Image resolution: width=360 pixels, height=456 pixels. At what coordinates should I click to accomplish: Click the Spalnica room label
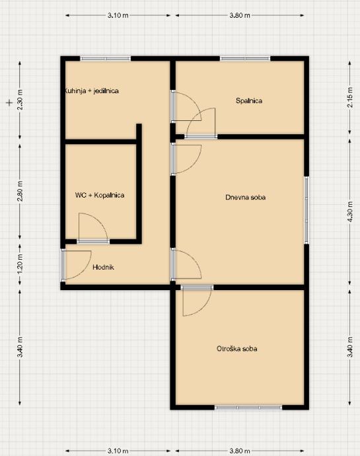pyautogui.click(x=249, y=101)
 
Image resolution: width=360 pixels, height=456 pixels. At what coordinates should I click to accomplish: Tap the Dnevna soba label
pyautogui.click(x=246, y=198)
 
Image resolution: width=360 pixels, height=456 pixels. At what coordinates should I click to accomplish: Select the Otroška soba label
pyautogui.click(x=237, y=349)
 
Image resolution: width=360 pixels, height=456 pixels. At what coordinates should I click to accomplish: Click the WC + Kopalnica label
pyautogui.click(x=100, y=195)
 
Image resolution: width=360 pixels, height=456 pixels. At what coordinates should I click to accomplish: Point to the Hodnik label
pyautogui.click(x=103, y=267)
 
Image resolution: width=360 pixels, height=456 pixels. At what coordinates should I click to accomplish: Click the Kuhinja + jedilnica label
pyautogui.click(x=92, y=91)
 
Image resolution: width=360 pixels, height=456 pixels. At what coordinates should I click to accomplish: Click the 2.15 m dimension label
pyautogui.click(x=350, y=97)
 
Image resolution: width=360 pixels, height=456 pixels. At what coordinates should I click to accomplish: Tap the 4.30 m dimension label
pyautogui.click(x=350, y=211)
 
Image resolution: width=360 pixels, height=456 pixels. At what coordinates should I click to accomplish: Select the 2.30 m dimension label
pyautogui.click(x=20, y=100)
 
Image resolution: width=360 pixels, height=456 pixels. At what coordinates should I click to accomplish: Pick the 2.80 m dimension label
pyautogui.click(x=20, y=191)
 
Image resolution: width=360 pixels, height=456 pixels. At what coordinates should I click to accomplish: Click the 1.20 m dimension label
pyautogui.click(x=20, y=264)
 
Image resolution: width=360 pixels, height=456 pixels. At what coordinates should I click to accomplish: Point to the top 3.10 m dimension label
pyautogui.click(x=118, y=15)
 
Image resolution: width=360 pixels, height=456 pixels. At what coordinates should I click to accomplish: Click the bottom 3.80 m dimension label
pyautogui.click(x=240, y=451)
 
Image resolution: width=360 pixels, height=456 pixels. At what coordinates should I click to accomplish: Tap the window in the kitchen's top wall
pyautogui.click(x=106, y=58)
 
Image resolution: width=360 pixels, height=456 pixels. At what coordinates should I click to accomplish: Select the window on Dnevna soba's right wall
pyautogui.click(x=306, y=210)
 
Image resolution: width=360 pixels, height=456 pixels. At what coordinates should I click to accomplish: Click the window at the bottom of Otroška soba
pyautogui.click(x=248, y=408)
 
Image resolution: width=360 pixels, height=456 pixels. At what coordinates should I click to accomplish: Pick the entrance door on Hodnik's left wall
pyautogui.click(x=63, y=265)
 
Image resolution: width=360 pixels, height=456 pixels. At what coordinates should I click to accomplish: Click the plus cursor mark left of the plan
pyautogui.click(x=10, y=102)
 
